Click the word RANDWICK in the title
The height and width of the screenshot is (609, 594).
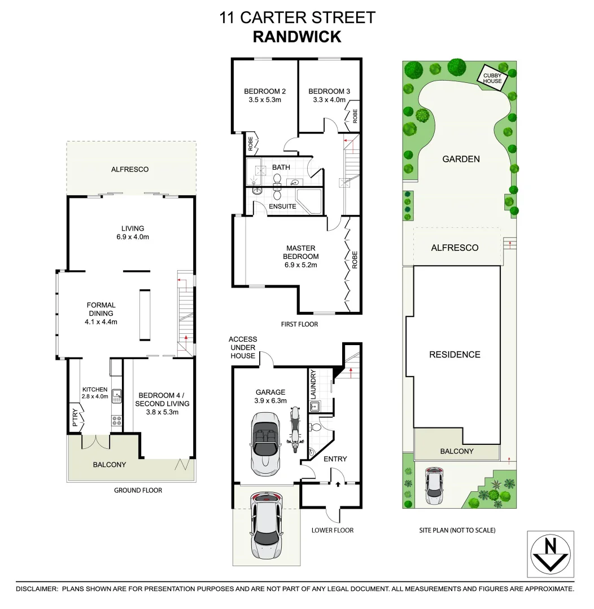pyautogui.click(x=297, y=37)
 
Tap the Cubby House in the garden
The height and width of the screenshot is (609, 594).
pyautogui.click(x=492, y=77)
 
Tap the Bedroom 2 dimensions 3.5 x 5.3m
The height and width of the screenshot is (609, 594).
pyautogui.click(x=265, y=100)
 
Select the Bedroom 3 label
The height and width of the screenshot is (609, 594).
pyautogui.click(x=329, y=91)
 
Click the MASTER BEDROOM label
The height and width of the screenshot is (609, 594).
pyautogui.click(x=301, y=252)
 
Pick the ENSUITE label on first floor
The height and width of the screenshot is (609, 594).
pyautogui.click(x=282, y=206)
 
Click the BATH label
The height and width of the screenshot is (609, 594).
pyautogui.click(x=281, y=167)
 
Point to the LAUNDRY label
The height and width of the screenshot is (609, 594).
pyautogui.click(x=312, y=384)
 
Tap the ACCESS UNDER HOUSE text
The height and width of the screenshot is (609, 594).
pyautogui.click(x=243, y=347)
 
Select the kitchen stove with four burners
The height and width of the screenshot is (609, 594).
pyautogui.click(x=117, y=420)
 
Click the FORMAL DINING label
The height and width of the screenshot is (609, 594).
pyautogui.click(x=101, y=309)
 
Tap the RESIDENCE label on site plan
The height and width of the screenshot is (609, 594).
pyautogui.click(x=455, y=355)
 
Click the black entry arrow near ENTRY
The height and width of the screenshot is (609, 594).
pyautogui.click(x=337, y=483)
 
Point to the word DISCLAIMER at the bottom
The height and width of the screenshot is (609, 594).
pyautogui.click(x=36, y=589)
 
